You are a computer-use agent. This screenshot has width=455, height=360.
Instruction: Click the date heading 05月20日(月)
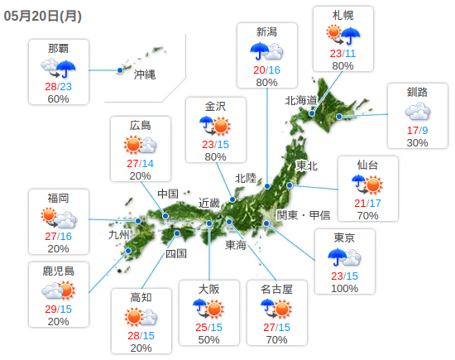tap(41, 15)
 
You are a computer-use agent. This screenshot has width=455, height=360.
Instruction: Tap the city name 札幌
tap(342, 16)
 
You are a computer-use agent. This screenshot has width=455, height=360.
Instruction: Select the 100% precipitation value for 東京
tap(343, 288)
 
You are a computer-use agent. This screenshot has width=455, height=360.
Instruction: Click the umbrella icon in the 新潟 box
tap(266, 51)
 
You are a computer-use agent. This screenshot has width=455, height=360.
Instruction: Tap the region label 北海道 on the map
tap(301, 100)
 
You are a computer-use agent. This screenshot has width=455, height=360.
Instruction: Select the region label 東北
tap(306, 166)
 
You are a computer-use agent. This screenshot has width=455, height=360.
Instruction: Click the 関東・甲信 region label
tap(303, 215)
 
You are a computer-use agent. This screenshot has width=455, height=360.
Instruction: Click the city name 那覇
tap(58, 47)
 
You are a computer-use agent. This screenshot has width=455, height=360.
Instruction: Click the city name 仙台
tap(368, 165)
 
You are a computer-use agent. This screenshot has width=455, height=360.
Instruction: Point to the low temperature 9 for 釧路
tap(424, 130)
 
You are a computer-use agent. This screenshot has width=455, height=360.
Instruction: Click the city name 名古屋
tap(277, 289)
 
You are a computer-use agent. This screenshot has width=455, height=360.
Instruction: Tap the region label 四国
tap(175, 253)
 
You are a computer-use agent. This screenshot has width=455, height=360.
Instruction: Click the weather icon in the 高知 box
tap(141, 316)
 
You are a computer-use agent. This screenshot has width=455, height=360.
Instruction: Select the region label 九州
tap(120, 235)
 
